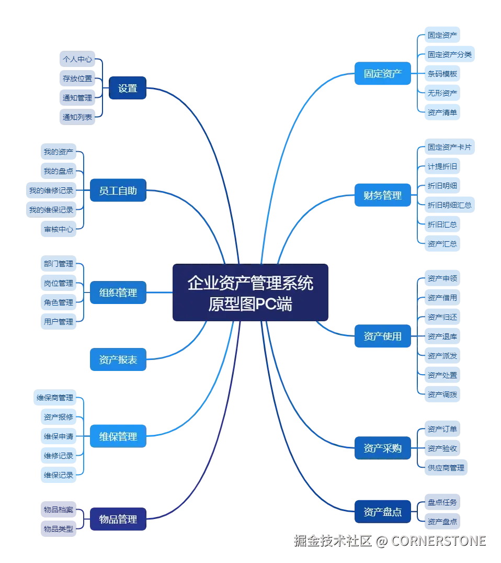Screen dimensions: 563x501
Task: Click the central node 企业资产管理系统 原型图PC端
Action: tap(251, 292)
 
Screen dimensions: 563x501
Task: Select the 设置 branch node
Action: tap(127, 88)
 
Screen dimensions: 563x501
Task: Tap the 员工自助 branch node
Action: tap(118, 191)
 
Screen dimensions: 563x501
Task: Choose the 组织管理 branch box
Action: tap(118, 292)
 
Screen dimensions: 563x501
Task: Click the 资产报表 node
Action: tap(118, 360)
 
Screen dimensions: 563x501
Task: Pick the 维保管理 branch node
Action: tap(118, 436)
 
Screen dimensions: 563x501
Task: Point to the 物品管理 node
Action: tap(118, 519)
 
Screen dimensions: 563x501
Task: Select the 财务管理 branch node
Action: tap(383, 196)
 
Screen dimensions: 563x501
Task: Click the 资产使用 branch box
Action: tap(383, 336)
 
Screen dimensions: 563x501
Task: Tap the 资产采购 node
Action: tap(383, 448)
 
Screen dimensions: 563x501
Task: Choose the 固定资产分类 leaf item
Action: tap(449, 54)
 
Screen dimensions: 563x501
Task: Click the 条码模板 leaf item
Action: tap(442, 74)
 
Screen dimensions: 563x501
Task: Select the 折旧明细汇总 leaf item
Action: tap(449, 205)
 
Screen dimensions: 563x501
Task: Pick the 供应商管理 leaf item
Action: tap(446, 467)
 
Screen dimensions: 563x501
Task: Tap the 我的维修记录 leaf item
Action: tap(51, 190)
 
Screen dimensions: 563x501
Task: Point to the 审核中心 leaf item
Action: tap(59, 229)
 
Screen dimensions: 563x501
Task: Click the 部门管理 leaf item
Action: tap(59, 264)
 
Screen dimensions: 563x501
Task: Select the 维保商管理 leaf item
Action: tap(54, 398)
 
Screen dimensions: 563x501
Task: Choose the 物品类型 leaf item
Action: tap(59, 528)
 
